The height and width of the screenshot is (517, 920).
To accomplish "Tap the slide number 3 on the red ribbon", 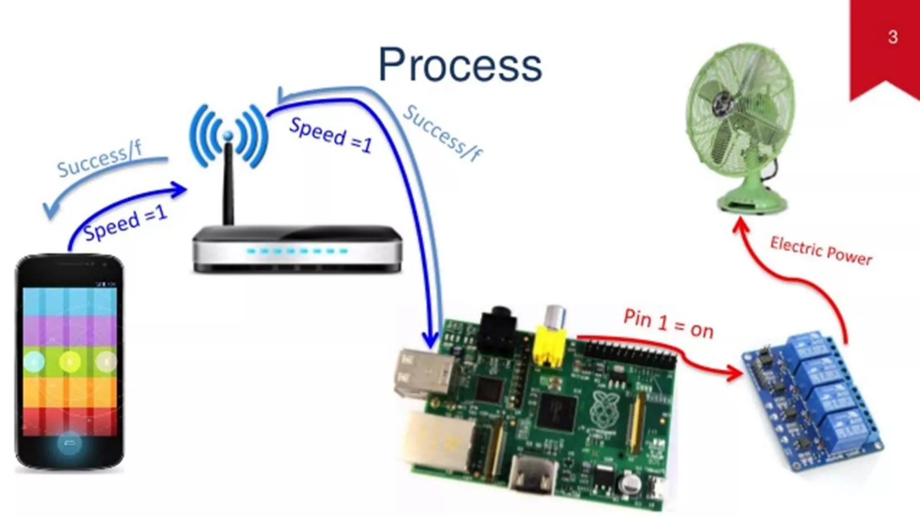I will [x=893, y=37].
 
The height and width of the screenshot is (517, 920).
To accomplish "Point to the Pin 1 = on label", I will [x=668, y=324].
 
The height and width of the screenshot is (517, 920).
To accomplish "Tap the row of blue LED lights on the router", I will [x=296, y=251].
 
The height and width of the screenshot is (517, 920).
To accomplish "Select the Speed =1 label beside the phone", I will [x=126, y=223].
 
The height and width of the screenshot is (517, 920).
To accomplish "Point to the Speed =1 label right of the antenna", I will [x=331, y=135].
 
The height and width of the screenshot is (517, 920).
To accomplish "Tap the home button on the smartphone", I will [x=70, y=443].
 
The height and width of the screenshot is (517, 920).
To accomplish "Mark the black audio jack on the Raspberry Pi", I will [x=499, y=330].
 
